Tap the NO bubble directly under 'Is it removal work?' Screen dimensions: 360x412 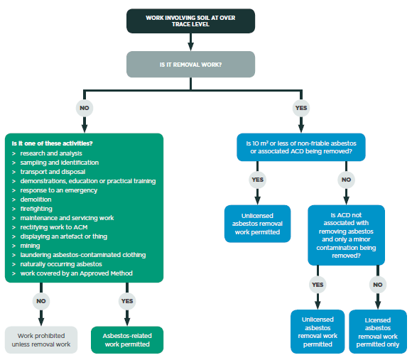(84, 109)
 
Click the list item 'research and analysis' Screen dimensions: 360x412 (51, 153)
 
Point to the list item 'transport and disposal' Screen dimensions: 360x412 (53, 172)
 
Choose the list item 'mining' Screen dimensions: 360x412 (31, 246)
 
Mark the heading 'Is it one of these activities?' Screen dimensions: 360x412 (53, 143)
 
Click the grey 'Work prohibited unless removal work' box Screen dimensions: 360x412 (41, 339)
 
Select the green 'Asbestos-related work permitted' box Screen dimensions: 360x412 (127, 339)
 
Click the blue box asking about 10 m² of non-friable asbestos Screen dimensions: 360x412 (301, 147)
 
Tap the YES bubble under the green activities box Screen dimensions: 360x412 (127, 300)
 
